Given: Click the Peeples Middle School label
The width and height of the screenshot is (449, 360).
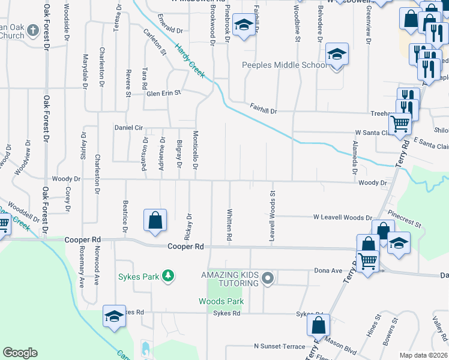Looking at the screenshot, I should tap(283, 65).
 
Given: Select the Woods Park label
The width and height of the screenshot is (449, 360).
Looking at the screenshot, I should tap(221, 301).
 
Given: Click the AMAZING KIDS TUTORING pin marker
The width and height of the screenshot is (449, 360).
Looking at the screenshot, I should tap(268, 278).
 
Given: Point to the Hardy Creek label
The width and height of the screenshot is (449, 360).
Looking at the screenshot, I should tap(190, 62).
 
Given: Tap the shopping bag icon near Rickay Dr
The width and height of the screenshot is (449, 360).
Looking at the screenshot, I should tap(155, 220).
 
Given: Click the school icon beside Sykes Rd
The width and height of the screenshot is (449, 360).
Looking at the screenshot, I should tap(113, 316).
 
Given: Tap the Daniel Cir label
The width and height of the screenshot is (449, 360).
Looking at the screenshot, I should tap(128, 128).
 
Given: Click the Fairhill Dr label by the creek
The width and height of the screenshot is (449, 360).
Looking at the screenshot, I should tap(264, 109).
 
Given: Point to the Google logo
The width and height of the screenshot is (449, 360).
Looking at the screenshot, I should tap(20, 353).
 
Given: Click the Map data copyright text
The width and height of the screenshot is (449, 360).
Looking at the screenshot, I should tap(424, 355).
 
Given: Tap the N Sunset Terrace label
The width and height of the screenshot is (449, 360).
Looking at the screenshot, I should tap(279, 346).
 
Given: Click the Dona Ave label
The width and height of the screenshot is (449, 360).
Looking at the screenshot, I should tap(328, 271).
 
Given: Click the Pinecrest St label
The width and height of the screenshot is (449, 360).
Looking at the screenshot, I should tap(405, 217).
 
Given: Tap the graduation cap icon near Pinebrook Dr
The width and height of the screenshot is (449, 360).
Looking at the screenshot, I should tap(243, 25).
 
